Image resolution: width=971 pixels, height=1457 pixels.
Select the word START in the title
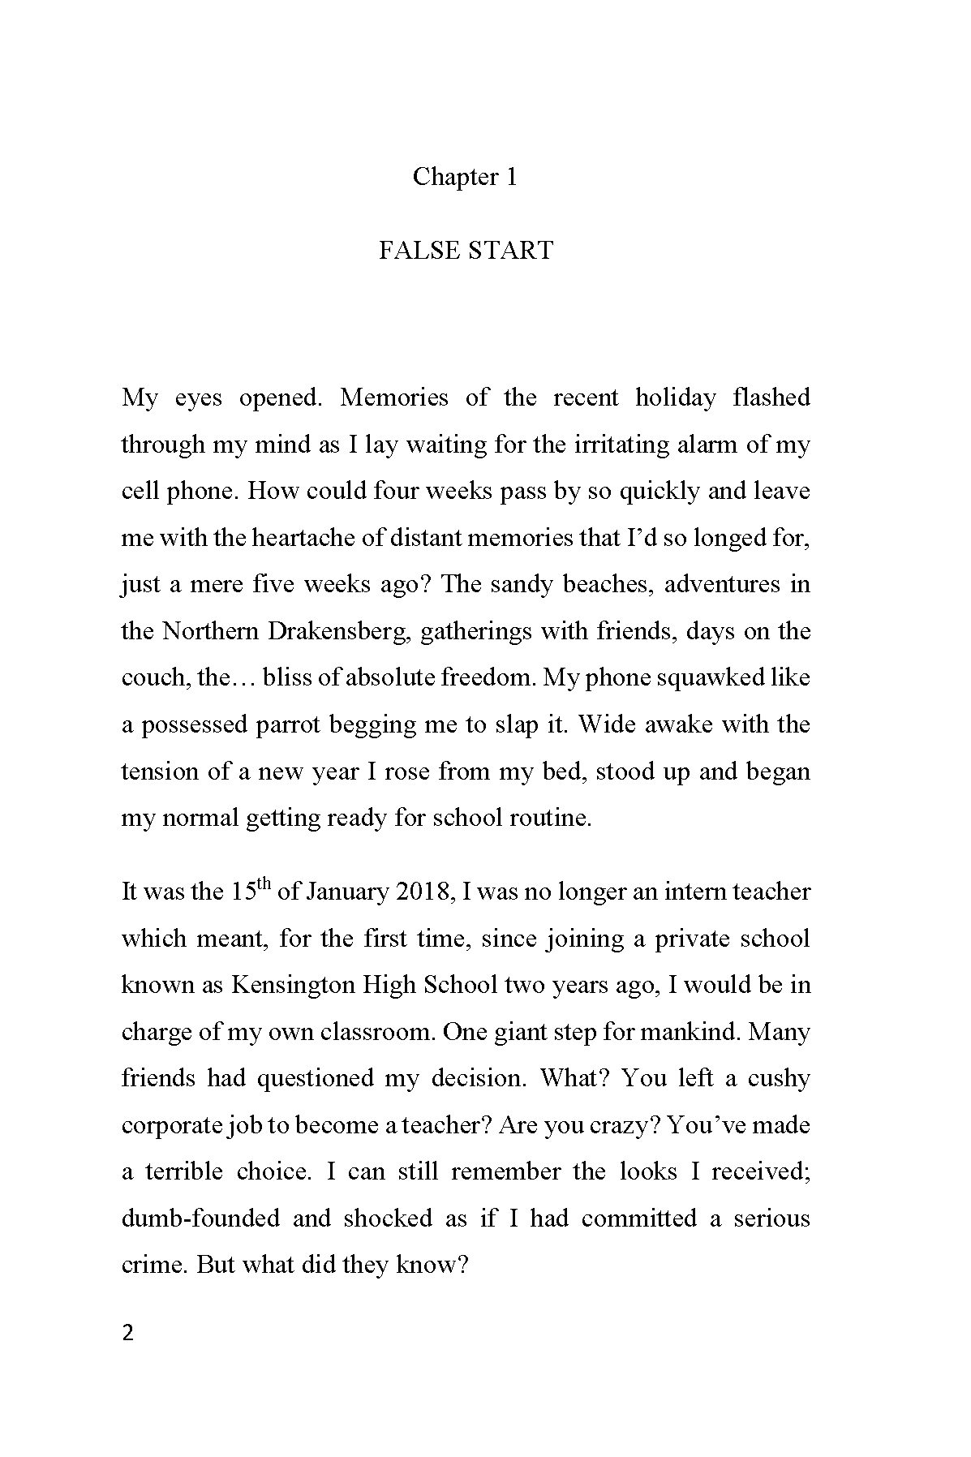tap(509, 250)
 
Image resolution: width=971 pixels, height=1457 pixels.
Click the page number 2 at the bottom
tap(127, 1334)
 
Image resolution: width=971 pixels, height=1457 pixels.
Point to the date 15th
tap(250, 890)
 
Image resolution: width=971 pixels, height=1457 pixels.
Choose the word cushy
tap(779, 1078)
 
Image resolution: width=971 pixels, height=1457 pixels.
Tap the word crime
tap(153, 1266)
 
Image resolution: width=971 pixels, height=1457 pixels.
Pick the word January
tap(347, 892)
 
